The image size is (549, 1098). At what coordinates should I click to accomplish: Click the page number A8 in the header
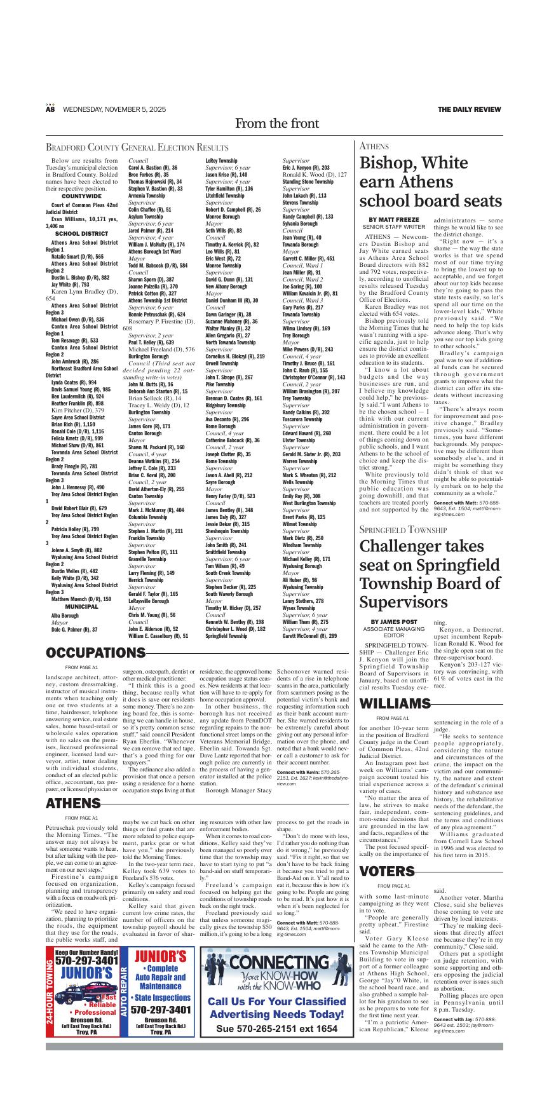(x=50, y=109)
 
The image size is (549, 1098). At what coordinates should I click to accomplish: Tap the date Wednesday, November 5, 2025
(x=114, y=109)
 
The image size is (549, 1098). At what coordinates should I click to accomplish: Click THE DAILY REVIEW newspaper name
(x=469, y=109)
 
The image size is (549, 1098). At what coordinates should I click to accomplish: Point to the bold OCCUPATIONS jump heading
(x=95, y=653)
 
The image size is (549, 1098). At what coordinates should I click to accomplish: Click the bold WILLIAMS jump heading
(x=395, y=704)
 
